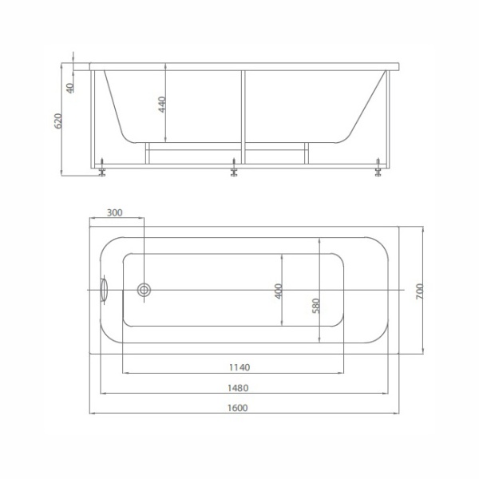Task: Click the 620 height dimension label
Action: click(x=58, y=121)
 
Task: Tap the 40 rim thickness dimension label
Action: click(x=70, y=88)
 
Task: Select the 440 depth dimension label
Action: click(x=162, y=104)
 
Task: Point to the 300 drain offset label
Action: click(x=114, y=212)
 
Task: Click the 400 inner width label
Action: click(x=279, y=291)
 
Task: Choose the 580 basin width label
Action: click(x=316, y=306)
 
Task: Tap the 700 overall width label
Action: click(x=420, y=291)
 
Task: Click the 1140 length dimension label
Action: click(x=239, y=367)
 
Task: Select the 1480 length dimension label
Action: click(x=238, y=388)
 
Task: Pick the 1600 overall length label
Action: click(x=237, y=408)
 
